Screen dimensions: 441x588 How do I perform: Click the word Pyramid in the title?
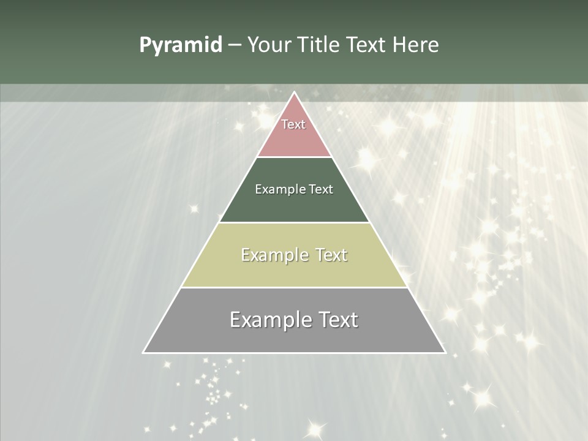coord(180,45)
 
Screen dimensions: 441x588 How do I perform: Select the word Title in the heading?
coord(318,45)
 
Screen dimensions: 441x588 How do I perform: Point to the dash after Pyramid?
coord(234,45)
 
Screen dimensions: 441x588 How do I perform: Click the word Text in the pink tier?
coord(293,124)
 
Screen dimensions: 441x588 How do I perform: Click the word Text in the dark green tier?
coord(321,189)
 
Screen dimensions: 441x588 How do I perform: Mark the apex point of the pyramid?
coord(294,93)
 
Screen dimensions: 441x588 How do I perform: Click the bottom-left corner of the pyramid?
coord(144,352)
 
